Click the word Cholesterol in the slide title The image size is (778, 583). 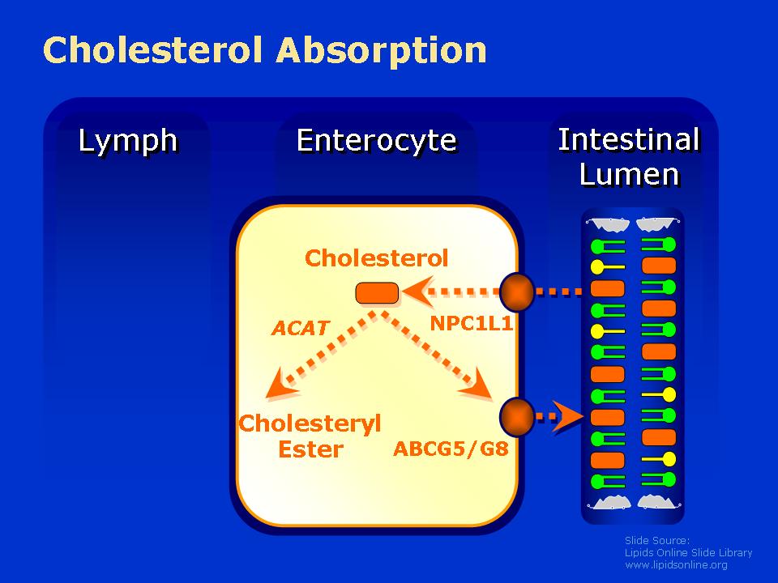153,49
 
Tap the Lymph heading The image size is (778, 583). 128,142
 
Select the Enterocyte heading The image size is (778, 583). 377,140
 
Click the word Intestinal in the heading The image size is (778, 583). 629,139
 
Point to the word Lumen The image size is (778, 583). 629,175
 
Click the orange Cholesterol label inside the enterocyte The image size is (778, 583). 377,258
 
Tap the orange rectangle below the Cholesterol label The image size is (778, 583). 377,293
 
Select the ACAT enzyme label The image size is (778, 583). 301,328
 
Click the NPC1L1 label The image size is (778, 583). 472,324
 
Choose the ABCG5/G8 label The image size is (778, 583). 451,449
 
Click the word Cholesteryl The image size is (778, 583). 310,424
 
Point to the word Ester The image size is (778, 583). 310,449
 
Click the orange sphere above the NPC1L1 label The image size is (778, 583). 516,292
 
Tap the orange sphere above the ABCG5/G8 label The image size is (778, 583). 516,417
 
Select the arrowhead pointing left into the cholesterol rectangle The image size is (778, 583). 418,291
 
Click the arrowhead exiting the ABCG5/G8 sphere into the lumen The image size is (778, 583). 568,417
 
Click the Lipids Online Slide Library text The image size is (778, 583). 688,553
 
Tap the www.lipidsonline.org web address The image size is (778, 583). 676,564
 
